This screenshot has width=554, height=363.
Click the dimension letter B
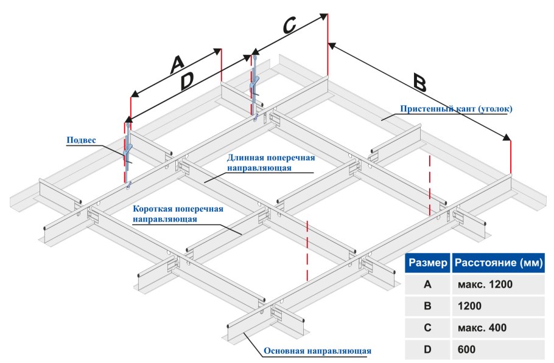click(419, 81)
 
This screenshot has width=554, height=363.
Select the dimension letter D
click(188, 80)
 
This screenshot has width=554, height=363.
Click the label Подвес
click(81, 140)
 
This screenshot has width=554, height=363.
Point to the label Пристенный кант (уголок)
click(457, 109)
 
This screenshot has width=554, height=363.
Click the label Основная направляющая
click(317, 351)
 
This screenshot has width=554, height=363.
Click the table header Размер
click(428, 263)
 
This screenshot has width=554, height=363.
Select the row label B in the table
click(428, 306)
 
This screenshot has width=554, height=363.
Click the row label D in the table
click(428, 350)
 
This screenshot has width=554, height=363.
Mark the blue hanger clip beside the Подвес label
click(128, 152)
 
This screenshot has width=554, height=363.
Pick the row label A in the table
click(428, 285)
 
